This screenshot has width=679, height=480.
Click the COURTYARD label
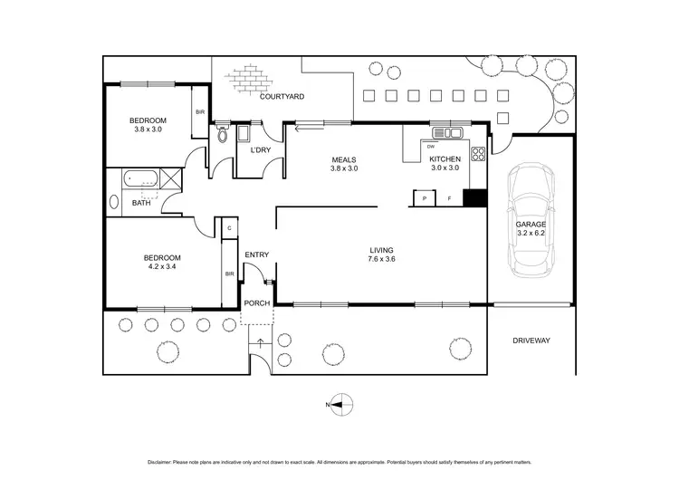[x=281, y=96]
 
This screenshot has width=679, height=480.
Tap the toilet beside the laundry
[x=222, y=137]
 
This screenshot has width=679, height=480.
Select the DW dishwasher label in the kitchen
[x=431, y=147]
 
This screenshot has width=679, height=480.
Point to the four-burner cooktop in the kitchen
[x=478, y=152]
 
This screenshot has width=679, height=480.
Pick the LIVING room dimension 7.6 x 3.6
[x=382, y=260]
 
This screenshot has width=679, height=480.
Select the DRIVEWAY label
[x=531, y=341]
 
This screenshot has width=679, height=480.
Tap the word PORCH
[x=256, y=302]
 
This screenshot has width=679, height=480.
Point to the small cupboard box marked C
[x=230, y=229]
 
